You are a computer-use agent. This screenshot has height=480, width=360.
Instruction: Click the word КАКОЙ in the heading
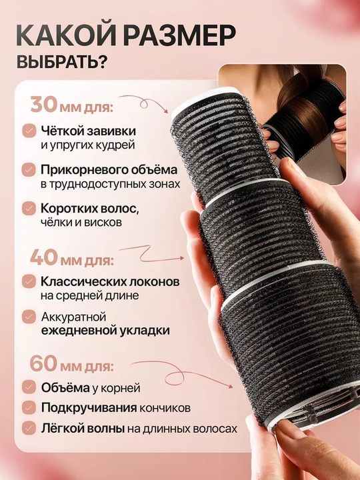pyautogui.click(x=66, y=36)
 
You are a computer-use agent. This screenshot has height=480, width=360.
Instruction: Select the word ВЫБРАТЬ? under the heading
pyautogui.click(x=62, y=63)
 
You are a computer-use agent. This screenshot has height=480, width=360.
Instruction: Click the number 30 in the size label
pyautogui.click(x=44, y=105)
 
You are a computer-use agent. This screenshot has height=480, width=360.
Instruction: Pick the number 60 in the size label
pyautogui.click(x=44, y=364)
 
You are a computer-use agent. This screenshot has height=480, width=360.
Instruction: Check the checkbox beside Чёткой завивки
pyautogui.click(x=29, y=131)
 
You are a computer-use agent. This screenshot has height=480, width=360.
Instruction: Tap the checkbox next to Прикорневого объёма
pyautogui.click(x=29, y=170)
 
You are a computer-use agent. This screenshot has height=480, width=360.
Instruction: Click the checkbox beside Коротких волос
pyautogui.click(x=29, y=209)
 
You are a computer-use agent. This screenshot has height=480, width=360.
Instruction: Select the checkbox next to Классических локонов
pyautogui.click(x=29, y=281)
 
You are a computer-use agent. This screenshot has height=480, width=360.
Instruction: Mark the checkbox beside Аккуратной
pyautogui.click(x=29, y=317)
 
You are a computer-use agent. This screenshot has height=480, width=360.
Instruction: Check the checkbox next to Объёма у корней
pyautogui.click(x=29, y=387)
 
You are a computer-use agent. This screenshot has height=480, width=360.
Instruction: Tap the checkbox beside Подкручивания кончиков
pyautogui.click(x=29, y=408)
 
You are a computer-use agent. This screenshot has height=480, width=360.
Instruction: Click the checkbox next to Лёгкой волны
pyautogui.click(x=29, y=428)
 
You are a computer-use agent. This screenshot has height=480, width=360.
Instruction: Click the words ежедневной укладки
pyautogui.click(x=105, y=331)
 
